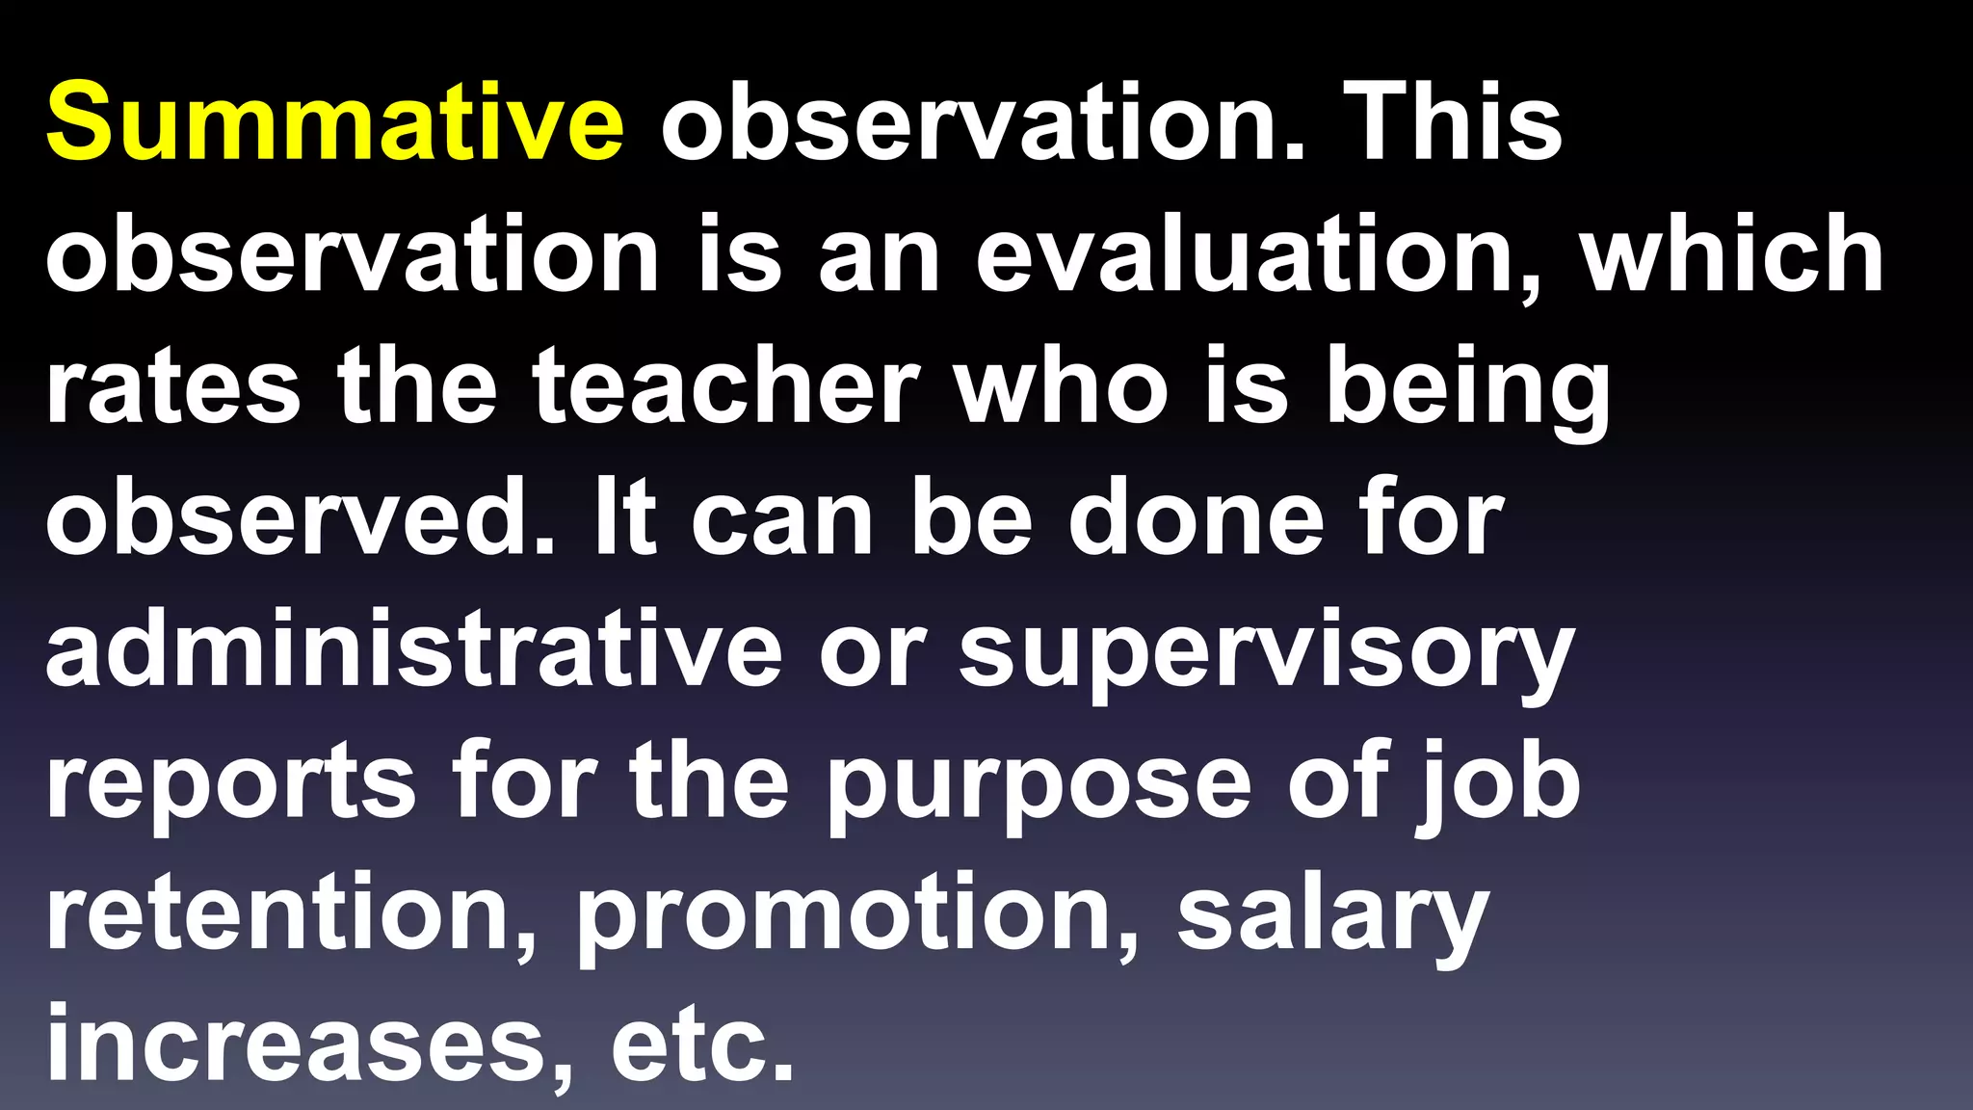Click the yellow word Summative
point(334,123)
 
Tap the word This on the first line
point(1452,123)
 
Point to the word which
point(1731,255)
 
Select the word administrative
point(413,651)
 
